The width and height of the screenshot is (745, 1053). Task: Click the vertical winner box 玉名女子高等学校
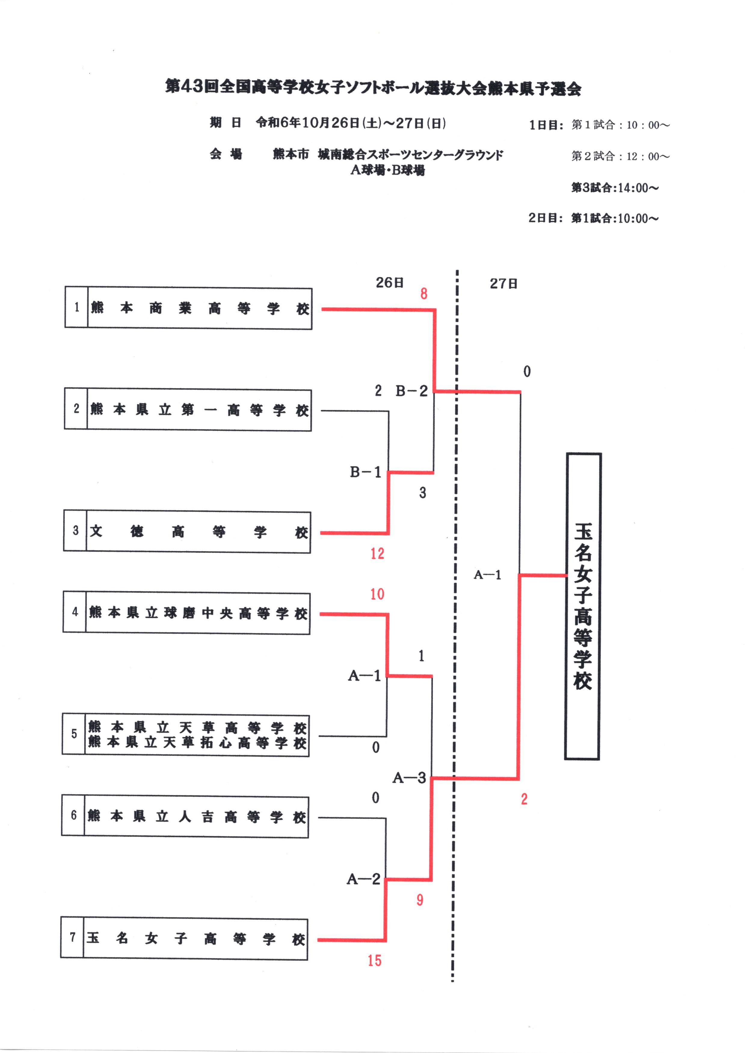583,607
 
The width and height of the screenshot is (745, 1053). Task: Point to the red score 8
424,294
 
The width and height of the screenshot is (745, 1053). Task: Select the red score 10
377,594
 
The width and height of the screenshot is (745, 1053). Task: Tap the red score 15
374,960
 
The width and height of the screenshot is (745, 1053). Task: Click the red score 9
420,900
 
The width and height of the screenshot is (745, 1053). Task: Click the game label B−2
411,391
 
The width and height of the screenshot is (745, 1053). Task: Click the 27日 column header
503,283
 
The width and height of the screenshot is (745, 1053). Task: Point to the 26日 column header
389,283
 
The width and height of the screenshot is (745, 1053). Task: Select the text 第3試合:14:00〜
615,188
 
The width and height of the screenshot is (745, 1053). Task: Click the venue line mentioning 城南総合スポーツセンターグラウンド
388,155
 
